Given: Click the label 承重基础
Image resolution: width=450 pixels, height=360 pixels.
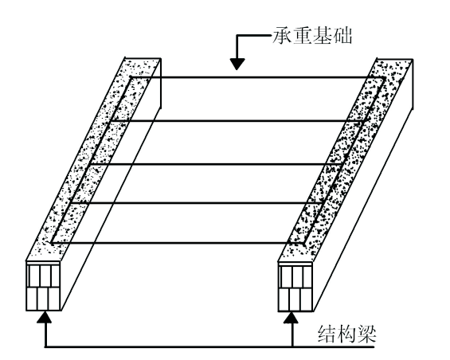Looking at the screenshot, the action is tap(312, 36).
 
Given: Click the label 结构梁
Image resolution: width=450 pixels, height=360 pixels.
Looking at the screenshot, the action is tap(347, 334).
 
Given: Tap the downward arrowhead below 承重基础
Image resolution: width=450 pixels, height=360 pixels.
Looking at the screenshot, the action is tap(237, 64).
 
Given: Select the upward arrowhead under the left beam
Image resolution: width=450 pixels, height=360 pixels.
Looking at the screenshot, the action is tap(45, 317).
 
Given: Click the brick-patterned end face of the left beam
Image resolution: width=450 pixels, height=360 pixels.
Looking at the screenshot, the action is tap(43, 286).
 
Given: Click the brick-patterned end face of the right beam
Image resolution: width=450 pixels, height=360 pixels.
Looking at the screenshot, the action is tap(295, 287).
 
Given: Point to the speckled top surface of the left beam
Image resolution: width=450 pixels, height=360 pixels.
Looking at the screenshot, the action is tap(93, 159).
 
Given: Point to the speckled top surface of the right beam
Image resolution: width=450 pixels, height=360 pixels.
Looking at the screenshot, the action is tap(346, 160).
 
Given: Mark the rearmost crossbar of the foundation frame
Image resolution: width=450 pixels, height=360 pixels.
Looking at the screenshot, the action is tap(257, 77).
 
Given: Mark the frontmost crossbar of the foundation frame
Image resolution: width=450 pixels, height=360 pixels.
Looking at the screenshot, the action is tap(178, 244).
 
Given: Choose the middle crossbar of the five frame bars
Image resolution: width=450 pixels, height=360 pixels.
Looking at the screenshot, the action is tap(217, 164).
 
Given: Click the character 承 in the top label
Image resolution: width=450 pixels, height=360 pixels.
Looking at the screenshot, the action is tap(282, 36).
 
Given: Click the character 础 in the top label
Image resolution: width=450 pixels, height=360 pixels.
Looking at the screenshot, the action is tap(342, 36).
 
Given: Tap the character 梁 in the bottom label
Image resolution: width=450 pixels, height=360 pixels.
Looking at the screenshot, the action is tap(366, 334).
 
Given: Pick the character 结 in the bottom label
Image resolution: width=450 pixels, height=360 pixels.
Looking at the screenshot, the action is tap(327, 334).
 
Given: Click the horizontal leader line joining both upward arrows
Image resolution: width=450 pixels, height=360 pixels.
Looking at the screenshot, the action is tap(209, 347).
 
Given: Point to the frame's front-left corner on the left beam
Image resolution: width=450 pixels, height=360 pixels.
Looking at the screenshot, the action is tap(52, 244).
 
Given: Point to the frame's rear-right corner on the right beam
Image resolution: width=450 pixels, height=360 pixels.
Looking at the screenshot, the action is tap(384, 77).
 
